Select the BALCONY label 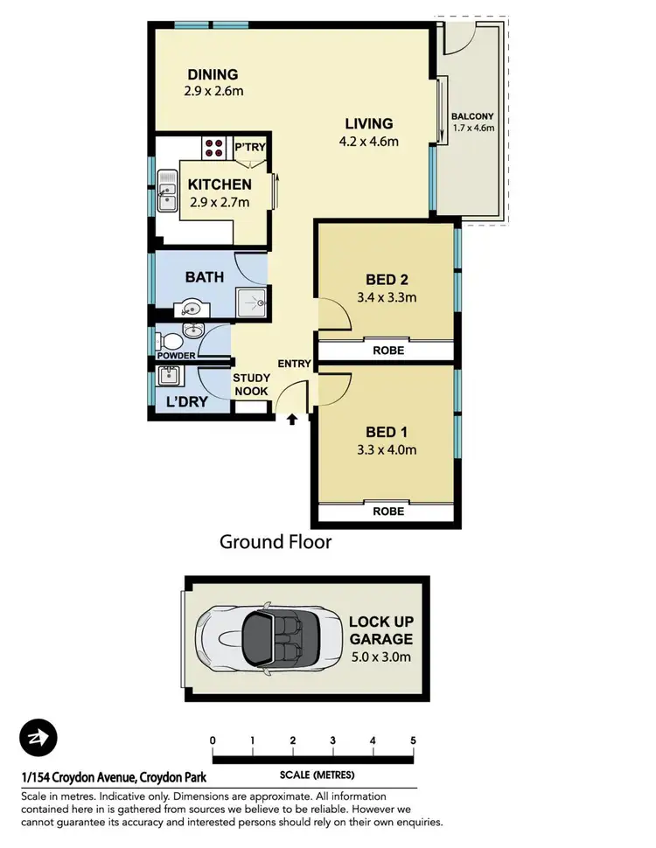tap(472, 116)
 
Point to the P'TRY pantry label tap(249, 148)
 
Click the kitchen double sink tap(167, 191)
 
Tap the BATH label tap(204, 277)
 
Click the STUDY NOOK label tap(251, 386)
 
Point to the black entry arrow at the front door tap(290, 421)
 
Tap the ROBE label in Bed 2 tap(388, 350)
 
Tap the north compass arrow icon tap(38, 736)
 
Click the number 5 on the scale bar tap(413, 740)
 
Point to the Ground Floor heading tap(276, 542)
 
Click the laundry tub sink tap(169, 376)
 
